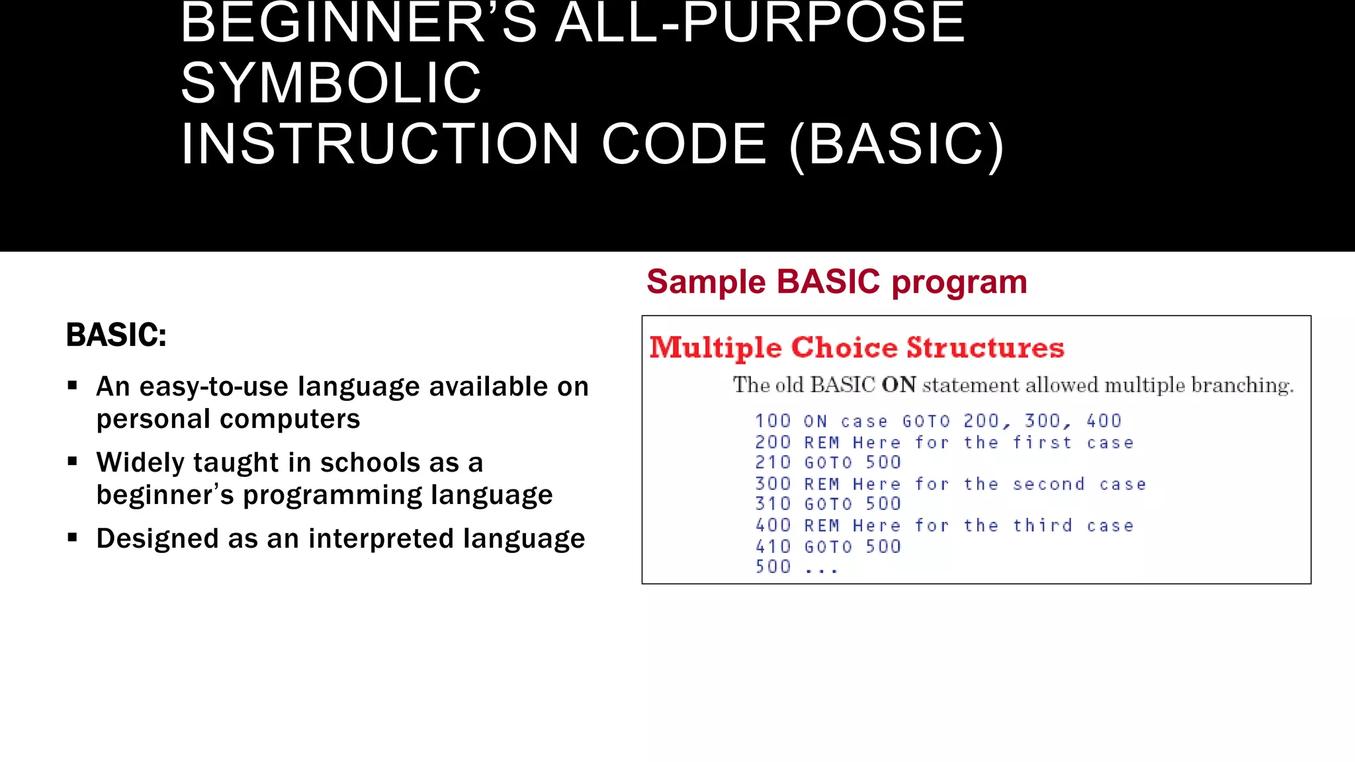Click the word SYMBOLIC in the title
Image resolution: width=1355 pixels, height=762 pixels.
331,83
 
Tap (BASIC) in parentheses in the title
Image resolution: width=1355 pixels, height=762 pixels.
896,144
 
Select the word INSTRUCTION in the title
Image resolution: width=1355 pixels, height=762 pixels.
380,144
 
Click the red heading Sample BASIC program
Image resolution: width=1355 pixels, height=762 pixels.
836,282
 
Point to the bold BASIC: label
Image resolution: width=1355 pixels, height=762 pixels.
116,335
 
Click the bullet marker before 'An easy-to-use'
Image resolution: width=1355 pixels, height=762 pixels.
73,386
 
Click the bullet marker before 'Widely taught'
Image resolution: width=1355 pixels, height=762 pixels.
73,462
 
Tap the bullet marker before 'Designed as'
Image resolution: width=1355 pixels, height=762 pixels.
73,538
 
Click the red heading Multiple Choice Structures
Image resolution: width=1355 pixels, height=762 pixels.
856,347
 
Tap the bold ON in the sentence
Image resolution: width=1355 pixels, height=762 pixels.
898,385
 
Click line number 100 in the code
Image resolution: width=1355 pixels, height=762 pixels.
773,421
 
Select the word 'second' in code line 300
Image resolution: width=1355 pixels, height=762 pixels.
1049,484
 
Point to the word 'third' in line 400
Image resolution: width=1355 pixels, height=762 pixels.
1042,526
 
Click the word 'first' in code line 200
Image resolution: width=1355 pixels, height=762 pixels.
1042,443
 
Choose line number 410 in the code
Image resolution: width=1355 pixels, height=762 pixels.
773,547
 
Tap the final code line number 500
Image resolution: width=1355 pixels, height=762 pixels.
773,567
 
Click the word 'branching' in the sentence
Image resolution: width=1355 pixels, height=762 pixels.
1241,385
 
